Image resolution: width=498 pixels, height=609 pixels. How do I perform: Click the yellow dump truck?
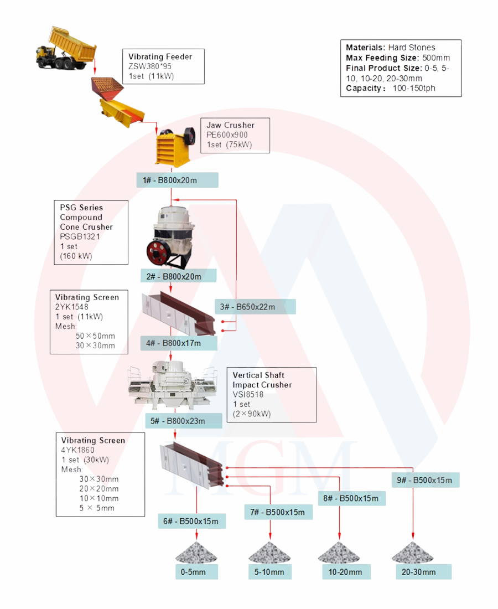pos(66,49)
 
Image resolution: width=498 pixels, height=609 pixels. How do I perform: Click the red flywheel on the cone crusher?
pos(157,250)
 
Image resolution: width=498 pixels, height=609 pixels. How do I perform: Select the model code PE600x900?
pos(227,135)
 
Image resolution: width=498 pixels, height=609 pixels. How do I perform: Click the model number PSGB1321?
pos(80,236)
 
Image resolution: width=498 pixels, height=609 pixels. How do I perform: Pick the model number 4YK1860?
pos(77,450)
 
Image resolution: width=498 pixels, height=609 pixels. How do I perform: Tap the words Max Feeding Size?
pos(382,58)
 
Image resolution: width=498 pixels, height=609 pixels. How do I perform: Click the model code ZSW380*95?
pos(150,66)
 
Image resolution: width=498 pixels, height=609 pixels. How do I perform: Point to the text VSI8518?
pos(248,395)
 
